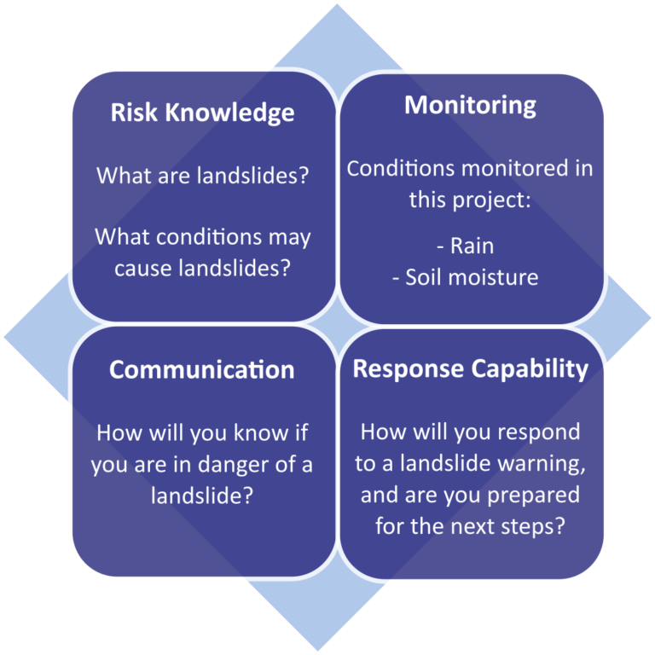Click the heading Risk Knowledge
click(203, 113)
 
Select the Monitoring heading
click(471, 106)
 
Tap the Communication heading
click(202, 369)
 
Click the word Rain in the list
click(472, 246)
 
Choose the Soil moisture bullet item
click(466, 277)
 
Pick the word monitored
click(514, 168)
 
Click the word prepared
click(533, 496)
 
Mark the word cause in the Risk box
click(143, 269)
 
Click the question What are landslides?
click(203, 176)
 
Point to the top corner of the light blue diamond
click(337, 4)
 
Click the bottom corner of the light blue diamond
click(318, 651)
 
